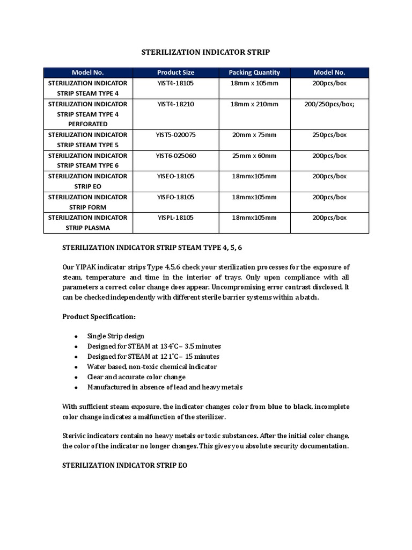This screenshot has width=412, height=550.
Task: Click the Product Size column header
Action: click(x=175, y=73)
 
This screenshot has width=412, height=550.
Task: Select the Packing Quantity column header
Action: click(x=254, y=73)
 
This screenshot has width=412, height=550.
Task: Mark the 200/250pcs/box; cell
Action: click(x=329, y=104)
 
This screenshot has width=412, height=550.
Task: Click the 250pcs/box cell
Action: click(x=329, y=135)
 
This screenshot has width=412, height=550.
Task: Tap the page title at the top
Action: click(x=205, y=53)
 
